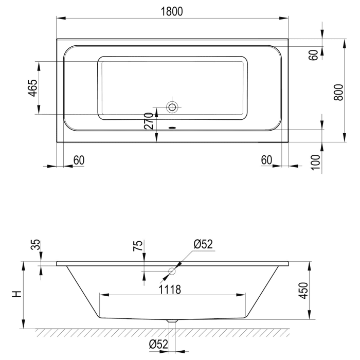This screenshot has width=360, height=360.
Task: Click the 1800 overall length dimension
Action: click(172, 11)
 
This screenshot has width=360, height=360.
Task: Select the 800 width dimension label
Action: click(338, 92)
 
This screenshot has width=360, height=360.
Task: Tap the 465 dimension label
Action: click(32, 88)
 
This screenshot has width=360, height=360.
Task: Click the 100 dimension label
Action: click(316, 161)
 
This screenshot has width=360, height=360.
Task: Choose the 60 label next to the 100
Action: click(266, 160)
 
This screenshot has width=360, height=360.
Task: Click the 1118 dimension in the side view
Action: click(170, 289)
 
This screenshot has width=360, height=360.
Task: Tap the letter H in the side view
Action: click(17, 295)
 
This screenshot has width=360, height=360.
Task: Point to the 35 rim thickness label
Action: click(35, 244)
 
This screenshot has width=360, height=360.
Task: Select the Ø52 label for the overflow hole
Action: click(203, 244)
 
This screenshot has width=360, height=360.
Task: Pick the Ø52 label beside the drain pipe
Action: click(158, 345)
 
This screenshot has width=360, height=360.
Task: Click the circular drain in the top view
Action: click(172, 107)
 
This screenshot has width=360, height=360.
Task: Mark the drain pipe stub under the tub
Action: click(172, 323)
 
